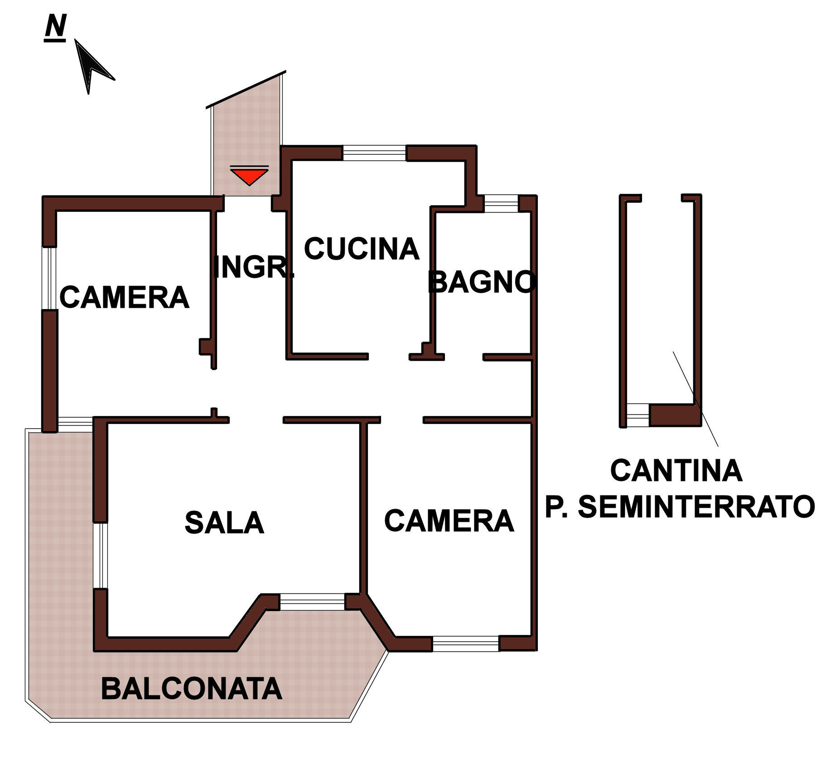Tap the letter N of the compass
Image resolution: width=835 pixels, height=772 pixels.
click(x=55, y=26)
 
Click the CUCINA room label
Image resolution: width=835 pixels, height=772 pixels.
click(x=362, y=249)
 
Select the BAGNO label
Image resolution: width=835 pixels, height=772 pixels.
click(x=482, y=282)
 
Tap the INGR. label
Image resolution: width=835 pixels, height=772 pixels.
click(x=253, y=267)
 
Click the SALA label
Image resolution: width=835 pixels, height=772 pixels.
click(x=224, y=523)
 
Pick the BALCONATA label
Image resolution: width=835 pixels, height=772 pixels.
click(x=191, y=689)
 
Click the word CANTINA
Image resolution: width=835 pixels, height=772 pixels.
click(x=676, y=471)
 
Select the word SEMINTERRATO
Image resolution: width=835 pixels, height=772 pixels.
click(x=696, y=506)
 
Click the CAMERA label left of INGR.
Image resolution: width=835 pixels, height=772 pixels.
click(x=124, y=298)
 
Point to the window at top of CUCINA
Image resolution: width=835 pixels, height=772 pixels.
click(x=374, y=153)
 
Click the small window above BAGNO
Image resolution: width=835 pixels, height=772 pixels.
click(x=501, y=203)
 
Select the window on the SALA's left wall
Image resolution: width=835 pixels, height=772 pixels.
click(x=101, y=556)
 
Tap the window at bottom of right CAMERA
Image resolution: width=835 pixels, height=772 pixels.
click(x=465, y=644)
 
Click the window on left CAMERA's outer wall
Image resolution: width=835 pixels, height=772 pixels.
click(x=49, y=278)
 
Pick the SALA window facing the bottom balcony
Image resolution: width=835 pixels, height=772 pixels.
click(x=312, y=602)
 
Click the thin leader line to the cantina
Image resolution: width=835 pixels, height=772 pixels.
click(x=695, y=399)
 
